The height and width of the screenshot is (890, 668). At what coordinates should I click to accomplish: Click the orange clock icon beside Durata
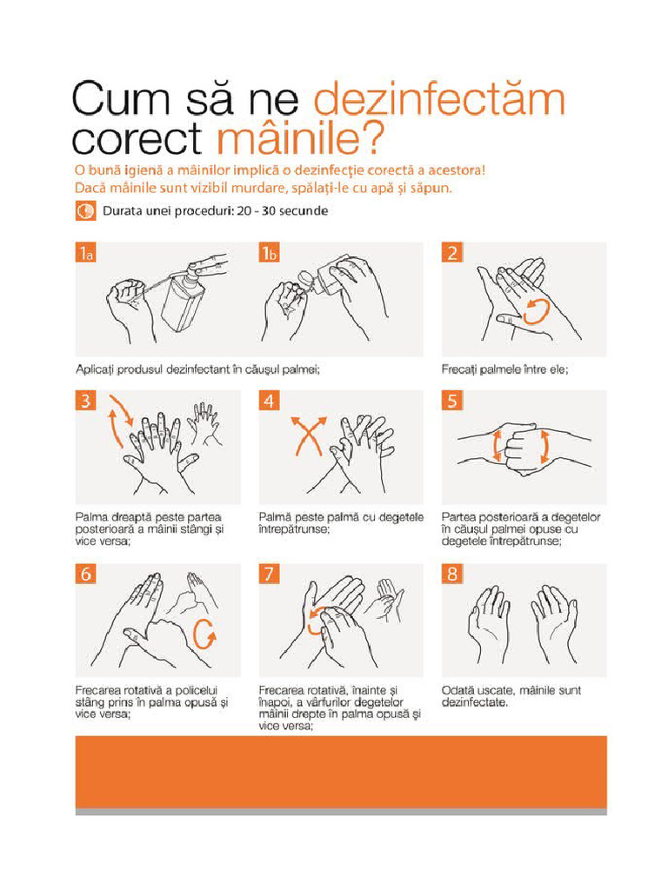point(85,211)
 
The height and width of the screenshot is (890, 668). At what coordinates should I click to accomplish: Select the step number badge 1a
point(85,253)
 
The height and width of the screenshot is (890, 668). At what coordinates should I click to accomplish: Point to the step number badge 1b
point(270,253)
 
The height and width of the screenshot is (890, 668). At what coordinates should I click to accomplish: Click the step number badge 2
point(452,253)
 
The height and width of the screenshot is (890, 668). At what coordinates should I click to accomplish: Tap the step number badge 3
point(85,401)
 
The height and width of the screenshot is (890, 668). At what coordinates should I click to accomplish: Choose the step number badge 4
point(270,401)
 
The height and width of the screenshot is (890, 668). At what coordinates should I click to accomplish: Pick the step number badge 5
point(452,401)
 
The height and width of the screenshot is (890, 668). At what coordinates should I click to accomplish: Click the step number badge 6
point(85,574)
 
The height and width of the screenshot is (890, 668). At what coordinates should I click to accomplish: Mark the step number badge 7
point(270,574)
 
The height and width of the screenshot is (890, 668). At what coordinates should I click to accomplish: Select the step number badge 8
point(452,574)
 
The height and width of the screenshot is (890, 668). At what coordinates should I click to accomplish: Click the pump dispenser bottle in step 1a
point(183,303)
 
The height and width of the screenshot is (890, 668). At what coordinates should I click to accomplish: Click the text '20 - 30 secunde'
point(283,211)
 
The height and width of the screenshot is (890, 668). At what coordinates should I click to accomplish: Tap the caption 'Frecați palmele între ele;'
point(505,369)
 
